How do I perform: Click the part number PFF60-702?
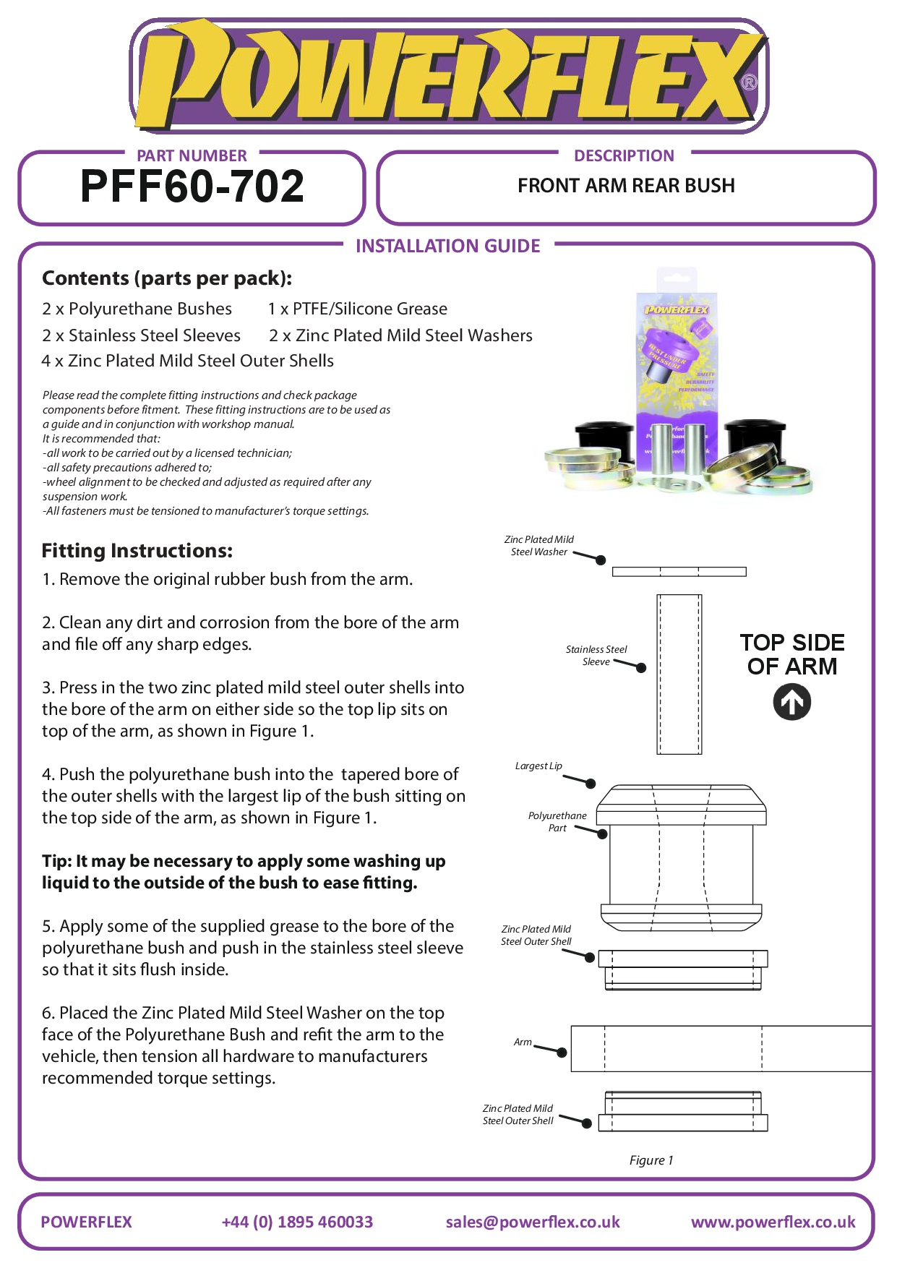click(x=192, y=187)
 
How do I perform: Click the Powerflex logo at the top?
click(x=448, y=76)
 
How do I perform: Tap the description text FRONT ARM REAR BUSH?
click(x=626, y=186)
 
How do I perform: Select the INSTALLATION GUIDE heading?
click(x=447, y=246)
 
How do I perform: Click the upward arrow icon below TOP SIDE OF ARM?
click(x=791, y=702)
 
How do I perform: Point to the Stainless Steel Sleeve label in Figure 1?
click(x=596, y=655)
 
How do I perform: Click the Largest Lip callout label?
click(x=538, y=766)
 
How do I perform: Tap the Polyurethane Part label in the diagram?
click(x=557, y=821)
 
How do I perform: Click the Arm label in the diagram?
click(x=523, y=1042)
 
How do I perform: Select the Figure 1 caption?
click(x=651, y=1160)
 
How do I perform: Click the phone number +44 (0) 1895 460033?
click(x=297, y=1222)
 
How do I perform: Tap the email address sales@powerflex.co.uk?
click(x=533, y=1222)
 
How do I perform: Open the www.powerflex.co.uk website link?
click(x=773, y=1222)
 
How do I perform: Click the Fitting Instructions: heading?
click(x=137, y=551)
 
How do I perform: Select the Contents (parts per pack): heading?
click(x=167, y=278)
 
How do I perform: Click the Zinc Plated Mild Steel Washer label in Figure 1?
click(x=539, y=545)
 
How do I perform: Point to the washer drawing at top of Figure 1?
click(x=679, y=572)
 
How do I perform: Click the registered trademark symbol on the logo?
click(x=750, y=82)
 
